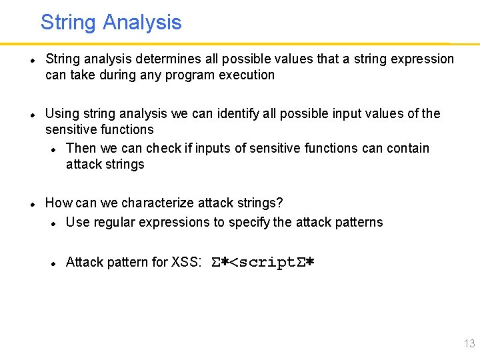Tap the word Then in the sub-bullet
[81, 148]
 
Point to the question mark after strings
[280, 203]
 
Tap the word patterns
[360, 221]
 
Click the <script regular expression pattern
[262, 262]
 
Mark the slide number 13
[469, 344]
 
